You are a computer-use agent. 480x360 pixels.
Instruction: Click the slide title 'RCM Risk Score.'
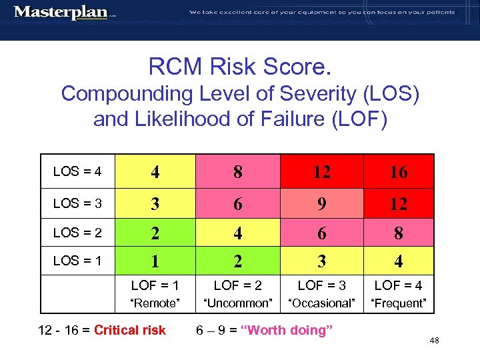coord(240,67)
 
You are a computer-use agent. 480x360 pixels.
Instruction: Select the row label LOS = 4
coord(77,172)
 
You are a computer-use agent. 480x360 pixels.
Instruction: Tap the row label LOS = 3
coord(77,203)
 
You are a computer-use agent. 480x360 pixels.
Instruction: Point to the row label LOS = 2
coord(77,233)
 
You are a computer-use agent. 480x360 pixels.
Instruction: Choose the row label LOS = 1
coord(77,261)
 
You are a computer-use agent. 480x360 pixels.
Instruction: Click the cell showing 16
coord(398,172)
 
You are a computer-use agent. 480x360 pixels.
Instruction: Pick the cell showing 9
coord(321,203)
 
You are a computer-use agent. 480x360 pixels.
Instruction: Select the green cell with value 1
coord(155,261)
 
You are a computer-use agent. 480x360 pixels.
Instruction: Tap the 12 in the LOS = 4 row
coord(321,172)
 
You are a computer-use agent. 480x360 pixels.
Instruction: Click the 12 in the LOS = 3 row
coord(398,203)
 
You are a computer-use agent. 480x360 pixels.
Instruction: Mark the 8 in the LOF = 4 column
coord(398,233)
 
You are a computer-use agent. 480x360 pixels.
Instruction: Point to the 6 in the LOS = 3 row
coord(238,203)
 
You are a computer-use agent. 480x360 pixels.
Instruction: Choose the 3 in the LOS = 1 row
coord(321,261)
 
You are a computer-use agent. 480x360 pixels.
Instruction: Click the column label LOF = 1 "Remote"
coord(155,294)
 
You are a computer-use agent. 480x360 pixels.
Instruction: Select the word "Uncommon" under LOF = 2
coord(238,303)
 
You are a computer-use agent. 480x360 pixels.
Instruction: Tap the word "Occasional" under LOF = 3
coord(321,303)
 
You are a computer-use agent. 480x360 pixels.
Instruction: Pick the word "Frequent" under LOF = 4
coord(398,303)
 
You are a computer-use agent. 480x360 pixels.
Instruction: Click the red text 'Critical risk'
coord(130,330)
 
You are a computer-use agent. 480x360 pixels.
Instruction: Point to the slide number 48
coord(434,341)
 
